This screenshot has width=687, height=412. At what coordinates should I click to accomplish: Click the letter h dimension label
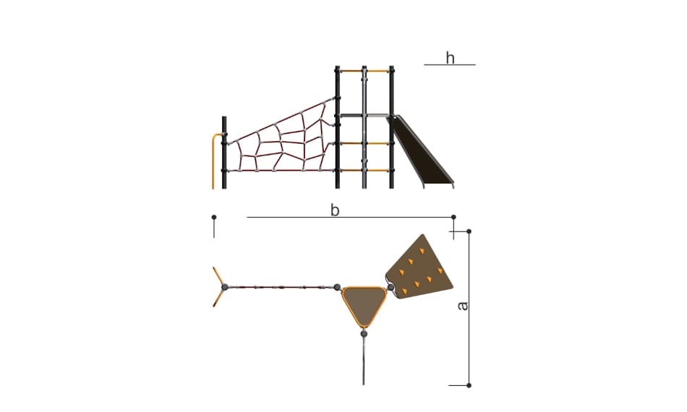pyautogui.click(x=450, y=58)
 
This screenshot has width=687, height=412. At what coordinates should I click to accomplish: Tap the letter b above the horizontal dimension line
pyautogui.click(x=335, y=210)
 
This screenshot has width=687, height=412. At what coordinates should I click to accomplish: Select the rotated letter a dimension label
pyautogui.click(x=462, y=306)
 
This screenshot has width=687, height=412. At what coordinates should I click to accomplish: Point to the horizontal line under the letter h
pyautogui.click(x=450, y=65)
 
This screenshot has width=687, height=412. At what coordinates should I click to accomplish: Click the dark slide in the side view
pyautogui.click(x=422, y=151)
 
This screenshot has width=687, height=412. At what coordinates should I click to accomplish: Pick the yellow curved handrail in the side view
pyautogui.click(x=214, y=160)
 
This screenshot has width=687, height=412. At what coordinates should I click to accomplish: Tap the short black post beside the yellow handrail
pyautogui.click(x=224, y=153)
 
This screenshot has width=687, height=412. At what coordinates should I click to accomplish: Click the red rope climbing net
pyautogui.click(x=283, y=137)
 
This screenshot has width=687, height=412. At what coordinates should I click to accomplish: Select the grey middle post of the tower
pyautogui.click(x=364, y=127)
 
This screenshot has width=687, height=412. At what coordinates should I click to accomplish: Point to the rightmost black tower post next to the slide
pyautogui.click(x=392, y=127)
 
